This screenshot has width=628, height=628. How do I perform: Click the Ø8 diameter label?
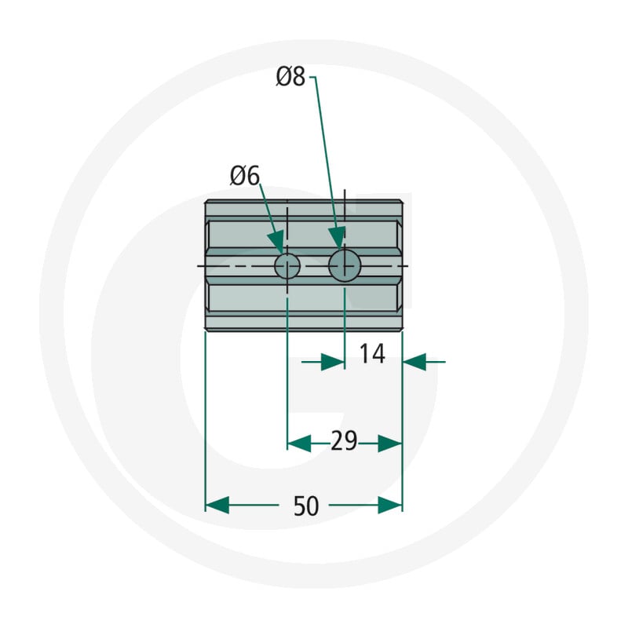(x=290, y=77)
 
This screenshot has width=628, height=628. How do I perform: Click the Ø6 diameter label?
(x=245, y=176)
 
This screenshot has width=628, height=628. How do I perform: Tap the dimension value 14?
(x=372, y=354)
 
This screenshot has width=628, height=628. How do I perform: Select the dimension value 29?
(x=344, y=441)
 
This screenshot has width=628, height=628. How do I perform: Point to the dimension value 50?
(x=306, y=506)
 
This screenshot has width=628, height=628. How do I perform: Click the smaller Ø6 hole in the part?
(x=287, y=266)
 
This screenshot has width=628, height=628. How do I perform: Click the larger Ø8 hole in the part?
(x=345, y=266)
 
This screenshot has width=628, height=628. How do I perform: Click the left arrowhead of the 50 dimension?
(x=217, y=505)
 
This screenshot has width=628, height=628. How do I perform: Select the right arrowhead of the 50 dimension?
(x=390, y=505)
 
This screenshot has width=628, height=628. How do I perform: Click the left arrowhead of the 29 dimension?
(x=299, y=444)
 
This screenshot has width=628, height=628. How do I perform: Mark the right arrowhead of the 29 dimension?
(x=390, y=444)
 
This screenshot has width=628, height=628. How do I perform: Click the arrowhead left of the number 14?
(x=333, y=362)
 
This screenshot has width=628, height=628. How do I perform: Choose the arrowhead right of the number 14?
(x=414, y=362)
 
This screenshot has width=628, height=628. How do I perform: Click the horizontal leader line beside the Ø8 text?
(x=312, y=77)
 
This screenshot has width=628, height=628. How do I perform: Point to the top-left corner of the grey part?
(x=205, y=200)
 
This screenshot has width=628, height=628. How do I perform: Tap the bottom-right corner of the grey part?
(x=402, y=330)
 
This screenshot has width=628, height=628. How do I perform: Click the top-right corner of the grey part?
(x=402, y=200)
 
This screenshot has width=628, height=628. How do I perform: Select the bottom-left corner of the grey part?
(x=205, y=330)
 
